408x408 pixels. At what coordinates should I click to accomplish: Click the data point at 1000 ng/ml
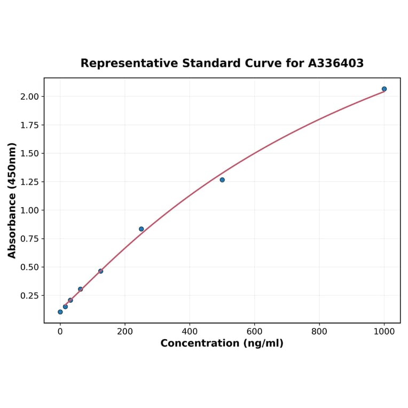click(x=384, y=89)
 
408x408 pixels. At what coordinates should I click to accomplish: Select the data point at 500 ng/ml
click(x=222, y=179)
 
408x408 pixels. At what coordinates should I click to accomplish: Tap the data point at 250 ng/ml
click(x=142, y=229)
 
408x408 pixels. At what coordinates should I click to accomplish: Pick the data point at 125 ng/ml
click(x=100, y=271)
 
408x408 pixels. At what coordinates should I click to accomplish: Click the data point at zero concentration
click(x=60, y=312)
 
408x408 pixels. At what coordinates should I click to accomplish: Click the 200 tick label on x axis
click(x=125, y=331)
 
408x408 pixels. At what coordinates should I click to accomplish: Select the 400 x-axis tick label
click(x=190, y=331)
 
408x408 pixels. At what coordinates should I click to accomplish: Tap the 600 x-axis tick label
click(x=255, y=331)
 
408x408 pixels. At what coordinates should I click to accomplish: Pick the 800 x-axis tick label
click(x=319, y=331)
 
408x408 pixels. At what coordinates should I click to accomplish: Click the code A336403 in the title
click(x=336, y=64)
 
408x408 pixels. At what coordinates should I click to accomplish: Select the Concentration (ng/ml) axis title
click(x=222, y=343)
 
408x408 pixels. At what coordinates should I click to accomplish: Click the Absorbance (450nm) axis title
click(x=12, y=200)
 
